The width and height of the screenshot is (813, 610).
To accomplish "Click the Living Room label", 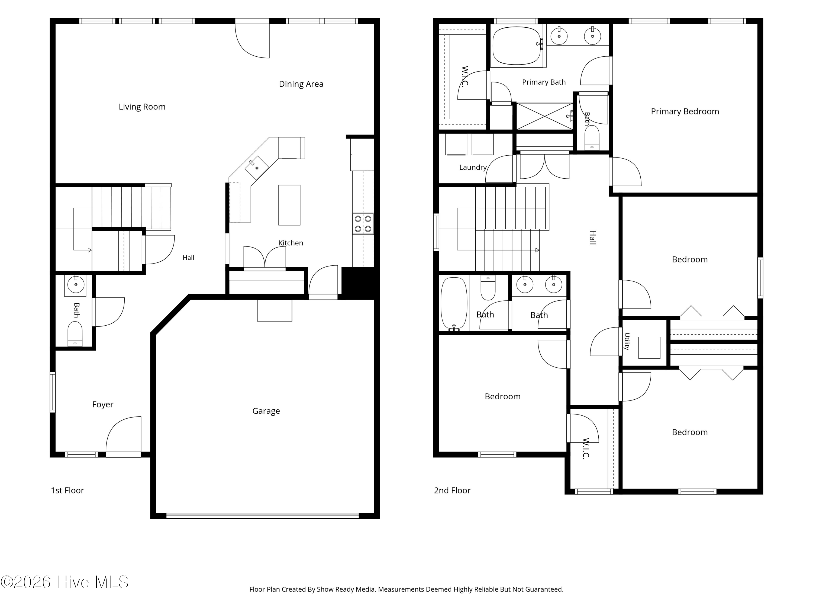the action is [x=142, y=107].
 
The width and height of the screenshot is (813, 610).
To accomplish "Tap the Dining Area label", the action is [x=301, y=84].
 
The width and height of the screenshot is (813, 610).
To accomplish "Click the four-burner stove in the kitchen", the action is [x=363, y=224].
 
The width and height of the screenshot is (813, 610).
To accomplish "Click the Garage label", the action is [x=266, y=411].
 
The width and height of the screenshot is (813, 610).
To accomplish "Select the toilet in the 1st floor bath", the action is [x=75, y=334].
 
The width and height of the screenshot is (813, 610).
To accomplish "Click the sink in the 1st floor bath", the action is [x=76, y=285].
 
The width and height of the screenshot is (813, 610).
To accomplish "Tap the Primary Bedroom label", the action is [x=685, y=112].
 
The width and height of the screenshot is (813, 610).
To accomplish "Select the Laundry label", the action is [x=473, y=168].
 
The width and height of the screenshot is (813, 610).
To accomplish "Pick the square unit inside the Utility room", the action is [x=649, y=348].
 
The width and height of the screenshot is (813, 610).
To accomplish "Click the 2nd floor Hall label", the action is [x=592, y=237].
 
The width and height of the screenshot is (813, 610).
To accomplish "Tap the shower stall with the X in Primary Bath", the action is [x=545, y=117].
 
